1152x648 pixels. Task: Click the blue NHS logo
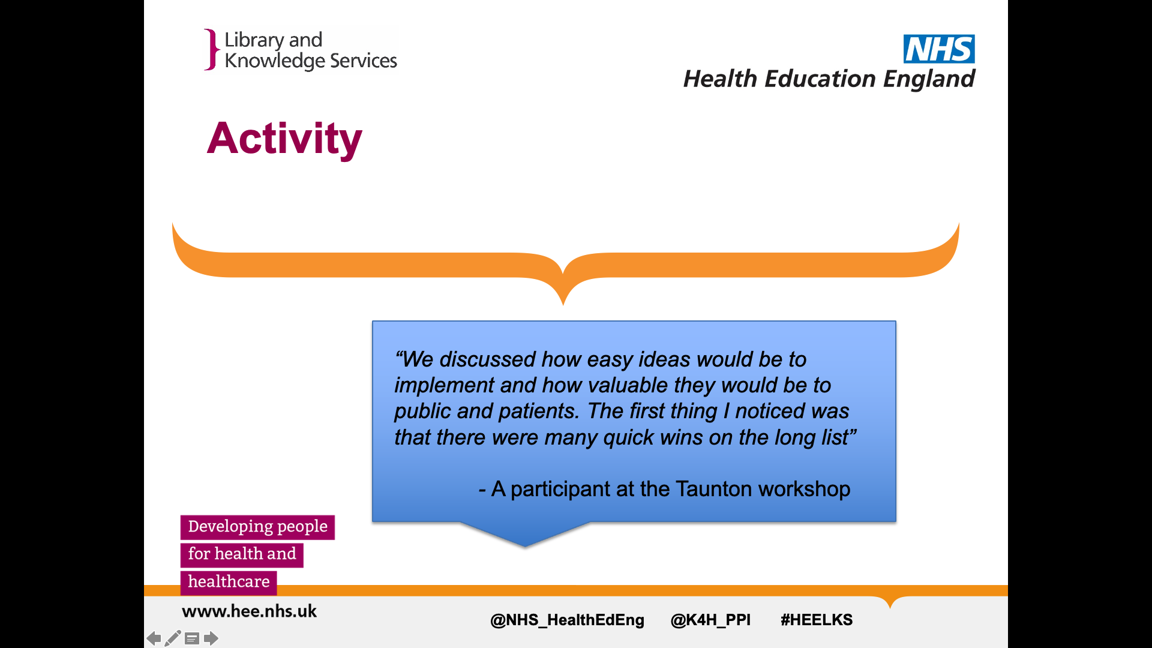tap(939, 49)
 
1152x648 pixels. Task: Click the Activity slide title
tap(284, 139)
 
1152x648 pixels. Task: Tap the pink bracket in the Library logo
tap(211, 49)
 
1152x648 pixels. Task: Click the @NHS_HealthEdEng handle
tap(567, 620)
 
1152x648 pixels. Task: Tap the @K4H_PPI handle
tap(710, 620)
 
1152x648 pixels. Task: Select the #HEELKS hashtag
tap(817, 620)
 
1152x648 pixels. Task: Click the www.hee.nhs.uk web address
tap(249, 611)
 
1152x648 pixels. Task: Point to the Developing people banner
tap(257, 527)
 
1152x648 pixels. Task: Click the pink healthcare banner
tap(229, 582)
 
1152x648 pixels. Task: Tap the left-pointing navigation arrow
tap(154, 638)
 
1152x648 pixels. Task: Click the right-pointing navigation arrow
tap(211, 638)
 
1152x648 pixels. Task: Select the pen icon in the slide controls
tap(173, 638)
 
